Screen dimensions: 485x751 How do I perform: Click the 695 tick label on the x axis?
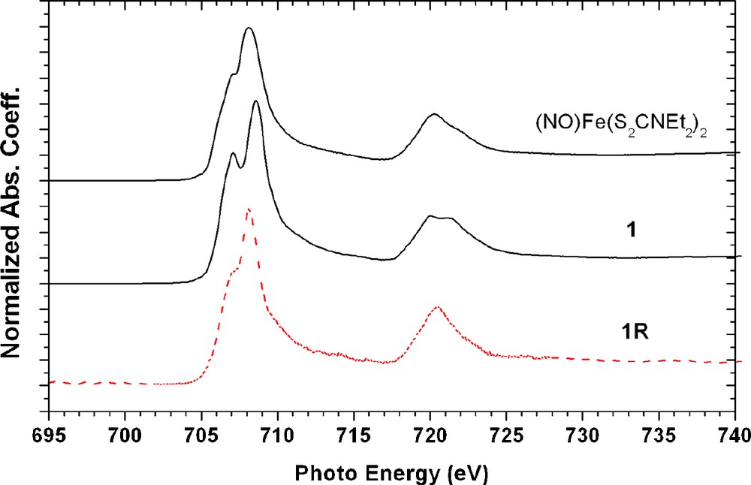(49, 433)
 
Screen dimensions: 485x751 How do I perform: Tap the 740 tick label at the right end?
(732, 433)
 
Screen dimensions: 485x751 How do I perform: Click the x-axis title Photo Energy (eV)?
(391, 471)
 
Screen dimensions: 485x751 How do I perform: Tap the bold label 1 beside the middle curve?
(632, 230)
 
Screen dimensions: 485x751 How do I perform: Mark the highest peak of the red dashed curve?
(249, 209)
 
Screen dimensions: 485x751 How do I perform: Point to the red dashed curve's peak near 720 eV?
(437, 307)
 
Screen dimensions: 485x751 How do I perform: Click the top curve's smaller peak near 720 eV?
(433, 114)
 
